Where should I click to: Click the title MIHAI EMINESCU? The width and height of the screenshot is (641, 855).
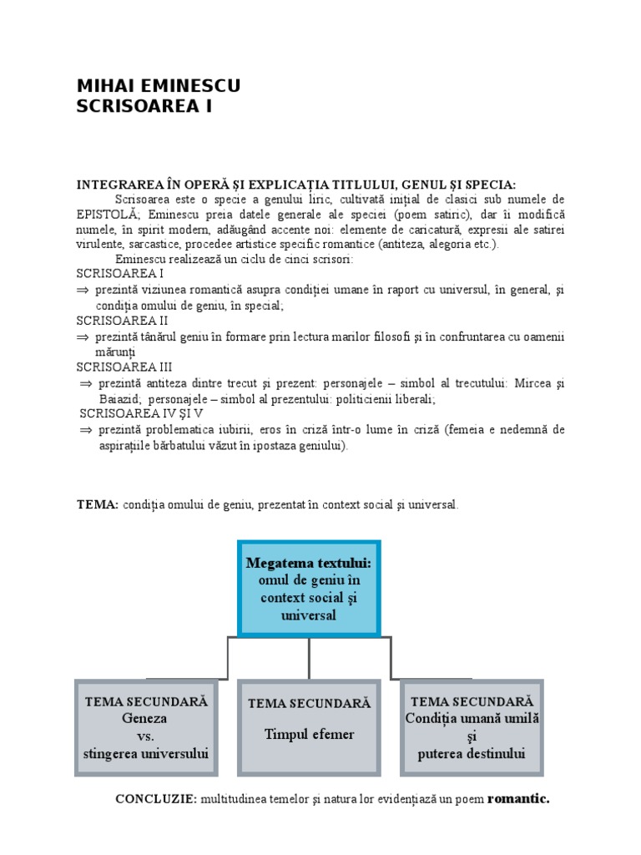(159, 86)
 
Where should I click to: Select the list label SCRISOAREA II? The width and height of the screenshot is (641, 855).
(123, 321)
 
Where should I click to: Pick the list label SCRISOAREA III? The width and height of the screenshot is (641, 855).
(124, 367)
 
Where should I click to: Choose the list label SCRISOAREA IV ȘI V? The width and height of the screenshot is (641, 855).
(141, 413)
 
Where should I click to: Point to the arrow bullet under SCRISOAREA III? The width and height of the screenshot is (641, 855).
(85, 383)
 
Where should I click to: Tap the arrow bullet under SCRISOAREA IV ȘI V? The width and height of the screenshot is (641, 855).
(85, 430)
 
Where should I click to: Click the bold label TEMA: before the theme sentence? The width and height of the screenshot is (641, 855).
(98, 505)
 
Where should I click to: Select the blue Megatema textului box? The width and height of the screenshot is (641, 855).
(309, 588)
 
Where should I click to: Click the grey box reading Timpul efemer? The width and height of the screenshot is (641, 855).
(309, 726)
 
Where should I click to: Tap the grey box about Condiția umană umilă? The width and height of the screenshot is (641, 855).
(472, 726)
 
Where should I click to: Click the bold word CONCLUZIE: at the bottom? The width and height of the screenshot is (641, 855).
(157, 799)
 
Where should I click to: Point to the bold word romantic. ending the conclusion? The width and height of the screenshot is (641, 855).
(518, 799)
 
